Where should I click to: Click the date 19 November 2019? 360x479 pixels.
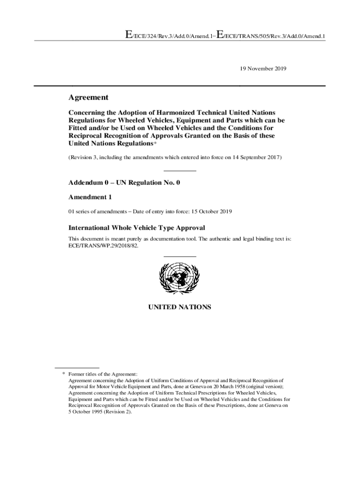click(x=263, y=68)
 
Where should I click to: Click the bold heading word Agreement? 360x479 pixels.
click(x=88, y=97)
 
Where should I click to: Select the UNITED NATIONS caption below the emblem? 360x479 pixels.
click(x=180, y=307)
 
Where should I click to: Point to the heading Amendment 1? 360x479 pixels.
click(x=90, y=197)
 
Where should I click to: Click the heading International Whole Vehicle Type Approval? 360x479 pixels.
click(x=137, y=228)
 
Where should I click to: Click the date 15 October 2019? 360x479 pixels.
click(x=211, y=211)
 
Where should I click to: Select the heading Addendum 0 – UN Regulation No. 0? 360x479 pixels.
click(x=124, y=183)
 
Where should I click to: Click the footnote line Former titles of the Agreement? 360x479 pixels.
click(x=103, y=374)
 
